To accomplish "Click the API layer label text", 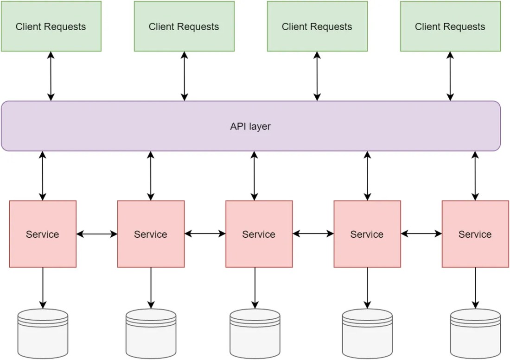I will click(250, 126).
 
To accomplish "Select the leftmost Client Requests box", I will click(51, 26).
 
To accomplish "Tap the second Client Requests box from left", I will click(184, 26).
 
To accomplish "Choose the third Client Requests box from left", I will click(317, 26).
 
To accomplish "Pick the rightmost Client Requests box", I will click(450, 26).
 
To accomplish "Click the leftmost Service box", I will click(43, 234).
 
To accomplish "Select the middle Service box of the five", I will click(259, 234).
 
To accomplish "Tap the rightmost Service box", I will click(475, 234).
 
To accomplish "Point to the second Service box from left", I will click(151, 234).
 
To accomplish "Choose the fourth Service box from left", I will click(367, 234).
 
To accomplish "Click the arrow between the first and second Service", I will click(97, 234).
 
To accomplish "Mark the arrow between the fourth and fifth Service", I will click(421, 234).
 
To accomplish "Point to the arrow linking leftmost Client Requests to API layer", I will click(51, 76).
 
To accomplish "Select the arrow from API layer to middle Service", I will click(255, 176).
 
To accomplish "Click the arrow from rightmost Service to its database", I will click(475, 288).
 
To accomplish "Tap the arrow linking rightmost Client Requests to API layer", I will click(450, 76).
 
